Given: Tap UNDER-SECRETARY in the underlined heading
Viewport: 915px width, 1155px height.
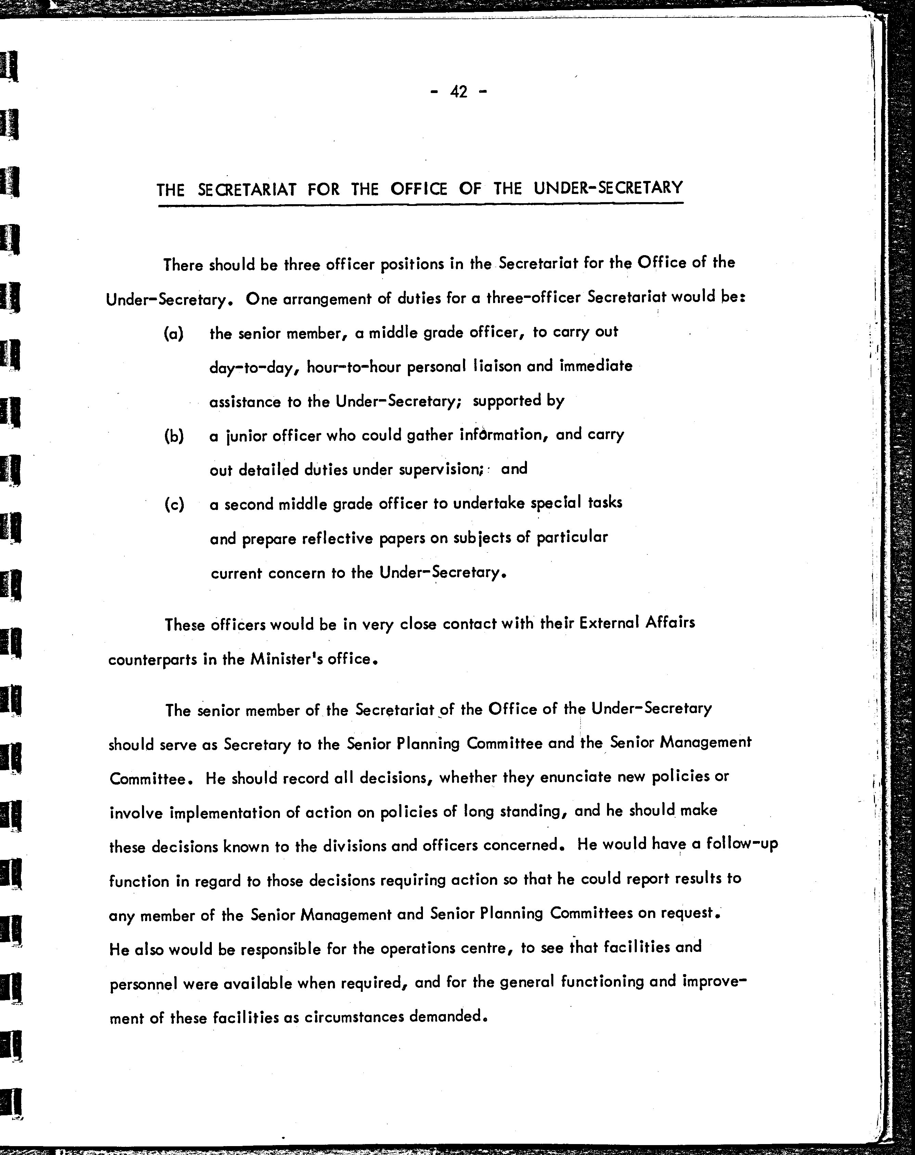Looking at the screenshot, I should [608, 187].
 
